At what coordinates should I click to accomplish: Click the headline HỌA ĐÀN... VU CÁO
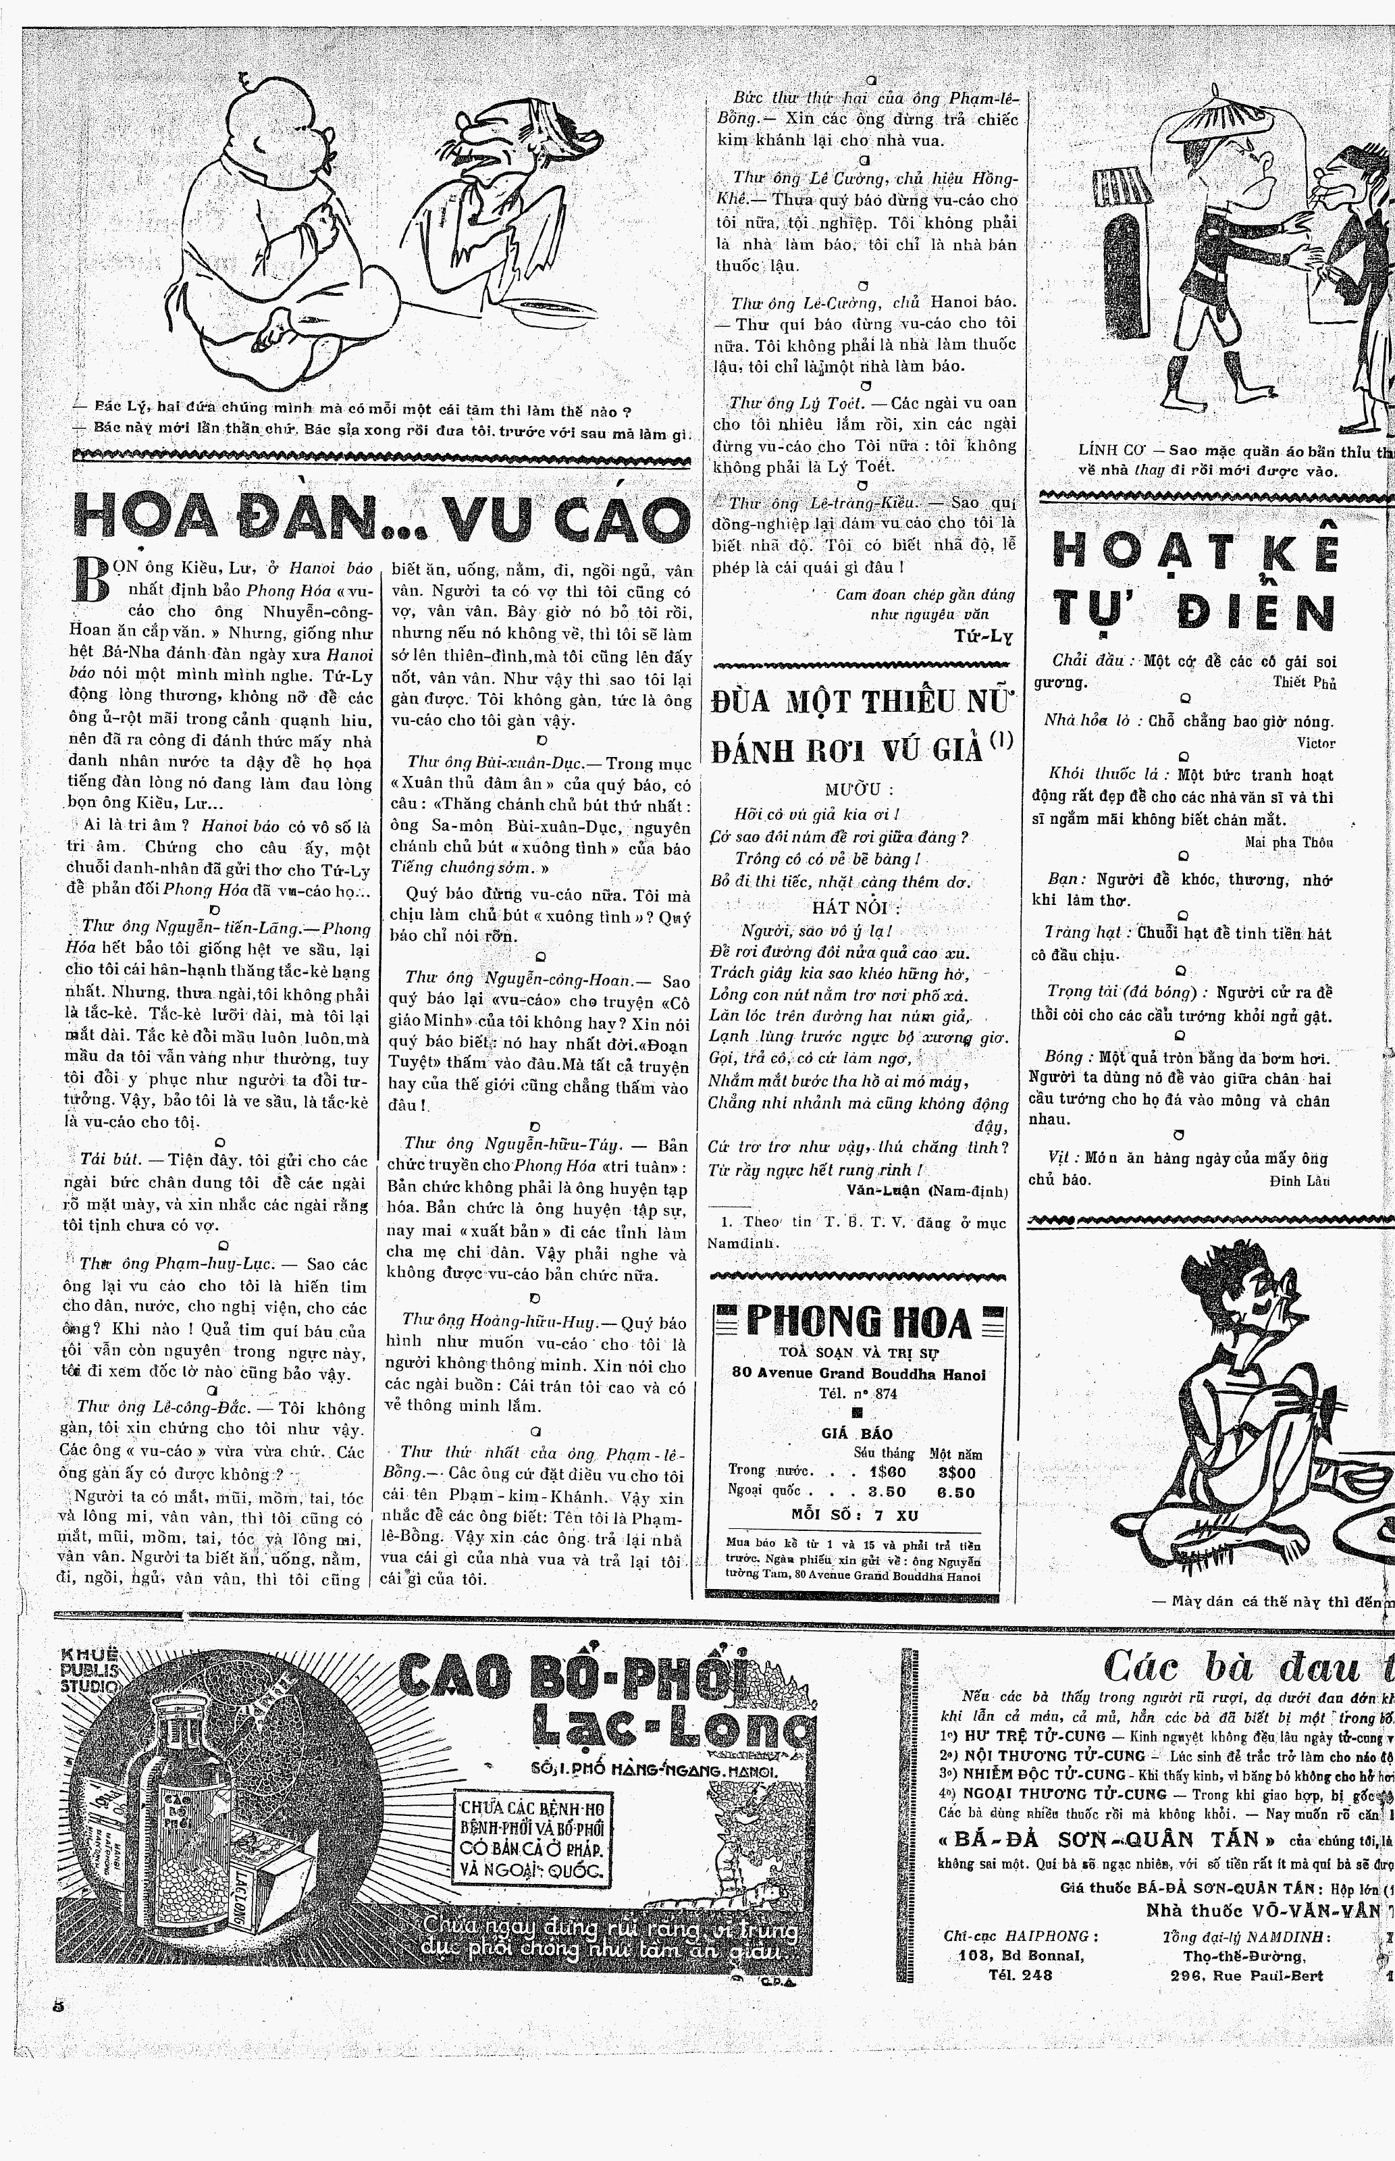point(379,519)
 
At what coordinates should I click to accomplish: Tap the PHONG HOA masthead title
point(859,1323)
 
